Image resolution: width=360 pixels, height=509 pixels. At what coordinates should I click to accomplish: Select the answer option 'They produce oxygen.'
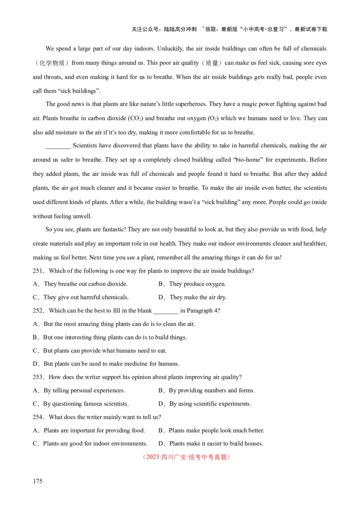[x=197, y=284]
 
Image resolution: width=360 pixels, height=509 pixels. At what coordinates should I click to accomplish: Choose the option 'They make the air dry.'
[x=198, y=297]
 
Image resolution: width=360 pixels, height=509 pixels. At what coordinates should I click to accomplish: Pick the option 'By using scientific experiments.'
[x=210, y=404]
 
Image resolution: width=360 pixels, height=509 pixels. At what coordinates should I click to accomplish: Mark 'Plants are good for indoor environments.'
[x=95, y=443]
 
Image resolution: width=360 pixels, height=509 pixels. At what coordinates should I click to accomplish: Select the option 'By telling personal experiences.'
[x=84, y=390]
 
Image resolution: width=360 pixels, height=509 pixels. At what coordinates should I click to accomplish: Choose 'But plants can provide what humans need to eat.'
[x=104, y=350]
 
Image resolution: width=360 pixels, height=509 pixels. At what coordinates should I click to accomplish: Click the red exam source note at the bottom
[x=186, y=457]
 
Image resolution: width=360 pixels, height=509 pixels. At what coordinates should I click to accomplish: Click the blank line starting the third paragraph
[x=58, y=146]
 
